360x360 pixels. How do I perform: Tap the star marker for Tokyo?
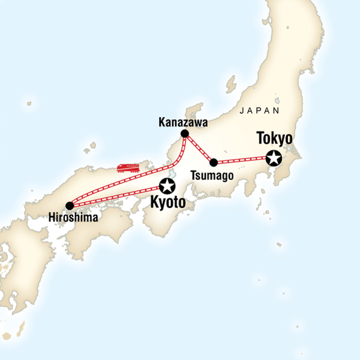point(274,158)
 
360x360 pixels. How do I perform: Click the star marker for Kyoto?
point(166,186)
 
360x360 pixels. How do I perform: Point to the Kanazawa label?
point(183,122)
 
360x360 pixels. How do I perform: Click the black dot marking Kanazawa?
point(185,134)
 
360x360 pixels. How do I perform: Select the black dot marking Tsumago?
point(213,162)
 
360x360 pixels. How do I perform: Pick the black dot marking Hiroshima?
point(70,206)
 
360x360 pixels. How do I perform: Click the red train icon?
point(128,167)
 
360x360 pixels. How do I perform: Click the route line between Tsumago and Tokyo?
point(240,160)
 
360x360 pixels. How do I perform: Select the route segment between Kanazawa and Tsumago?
point(199,148)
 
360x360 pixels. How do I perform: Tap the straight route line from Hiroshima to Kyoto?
point(117,196)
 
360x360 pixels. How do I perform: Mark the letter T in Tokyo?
point(260,139)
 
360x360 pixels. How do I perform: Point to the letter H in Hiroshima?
point(50,218)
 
